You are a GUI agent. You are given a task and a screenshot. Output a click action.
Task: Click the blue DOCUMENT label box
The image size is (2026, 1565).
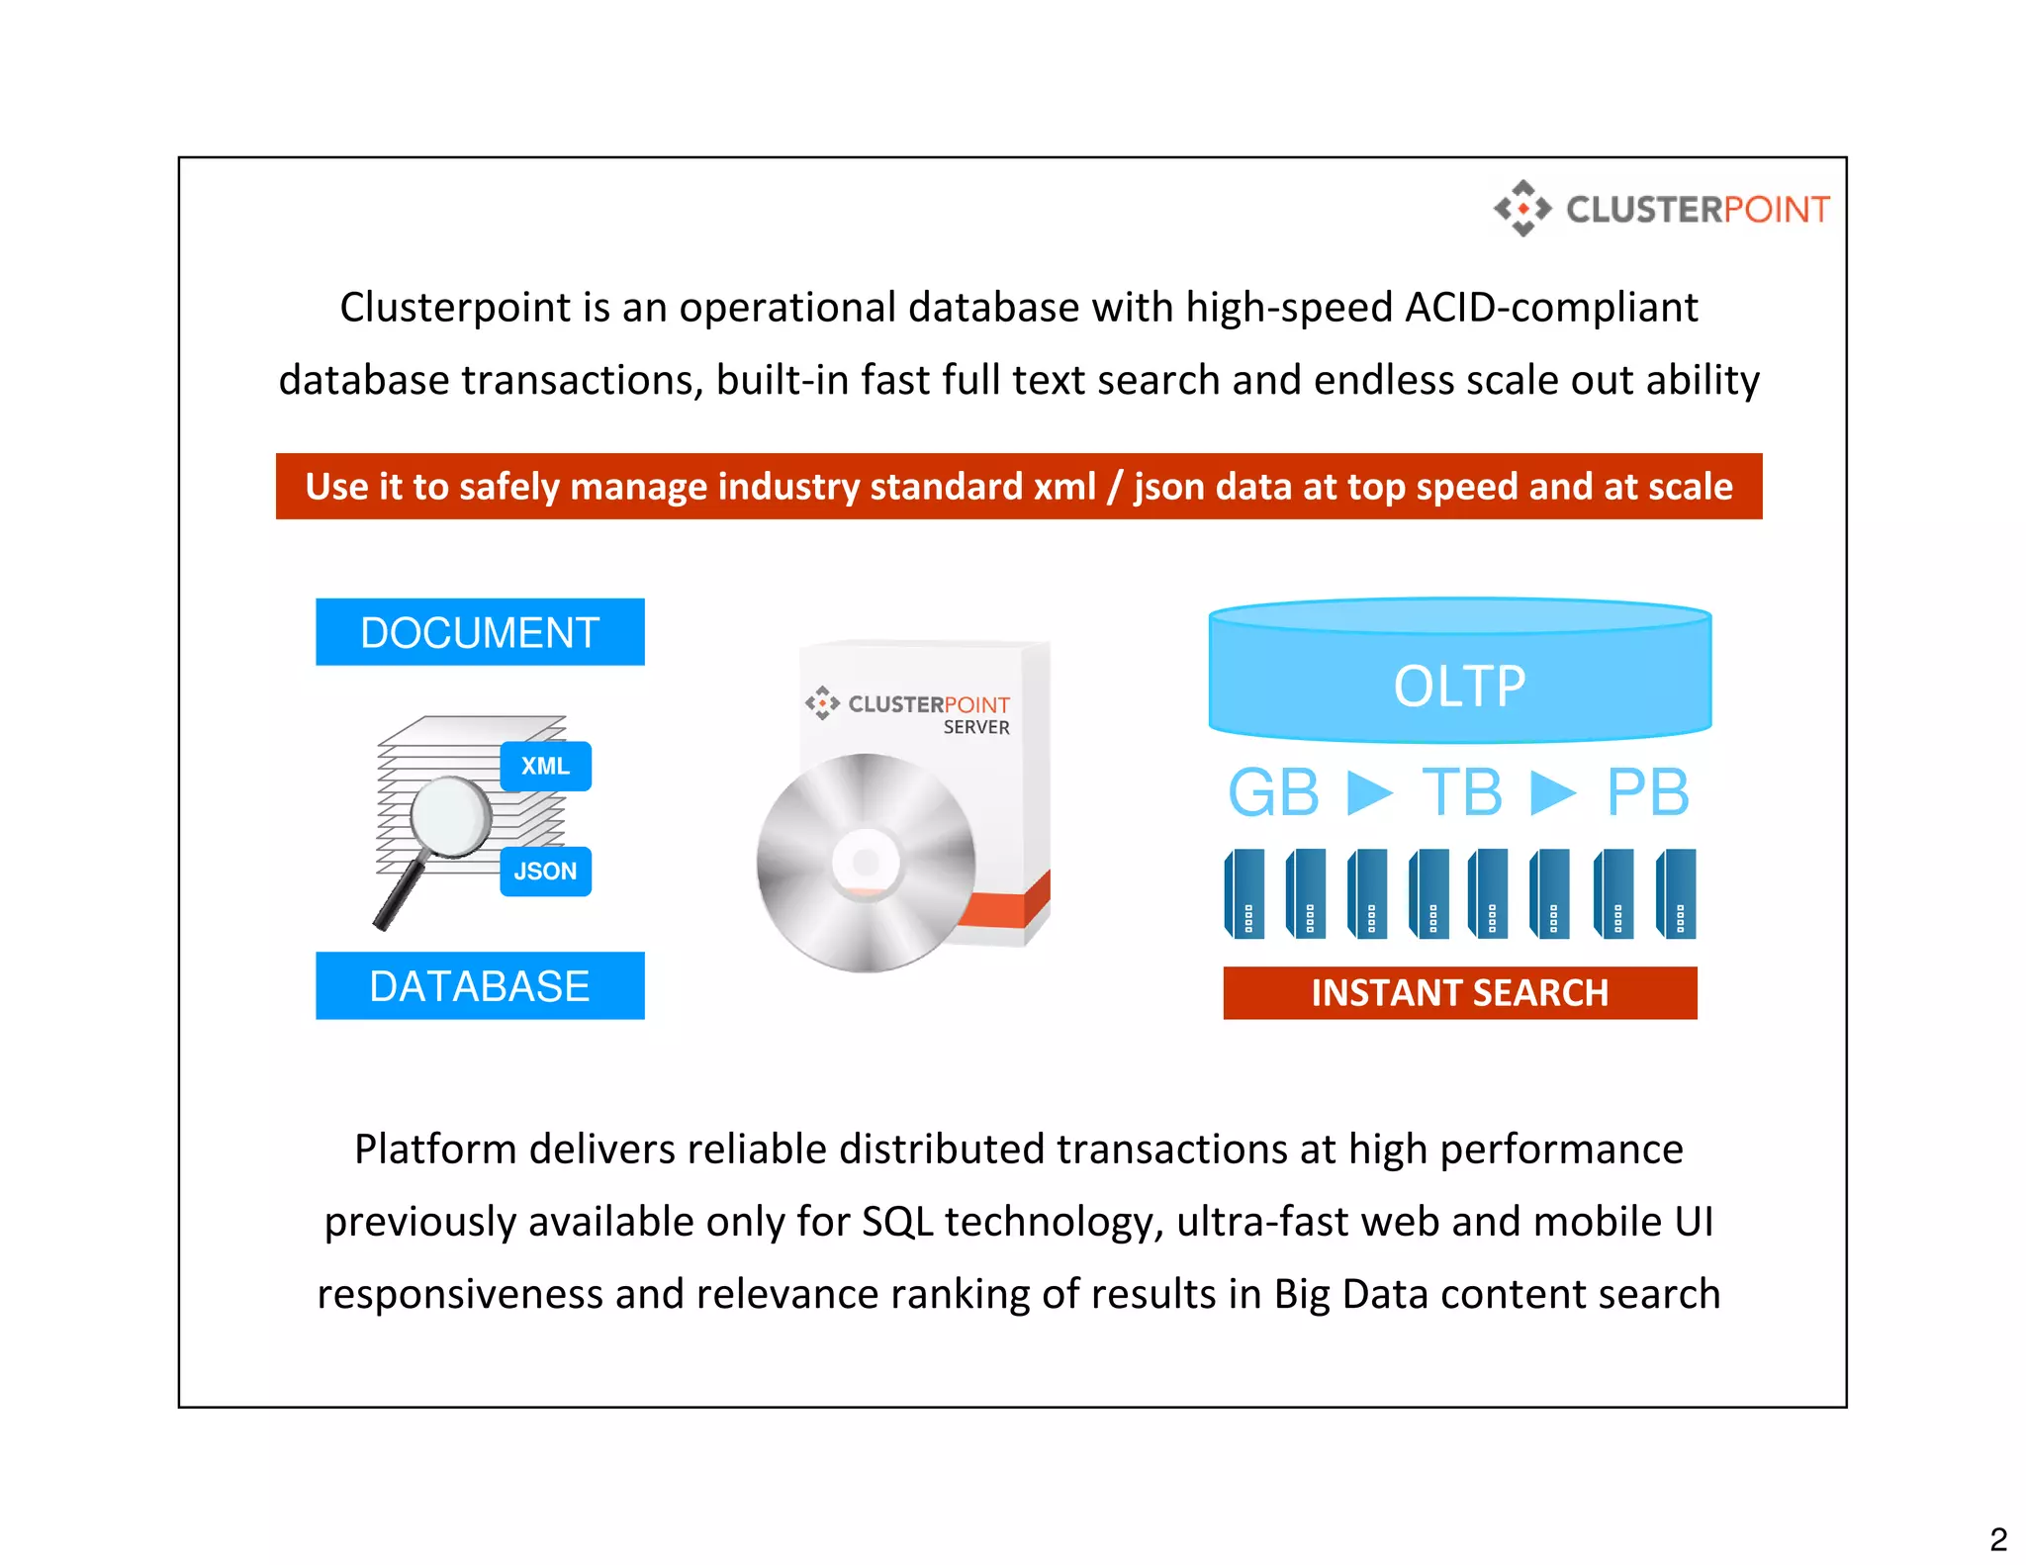[480, 632]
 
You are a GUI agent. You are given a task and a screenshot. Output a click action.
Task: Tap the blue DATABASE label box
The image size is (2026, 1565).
[480, 986]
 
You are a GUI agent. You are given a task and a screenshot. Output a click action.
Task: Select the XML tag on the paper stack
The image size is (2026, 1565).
[545, 767]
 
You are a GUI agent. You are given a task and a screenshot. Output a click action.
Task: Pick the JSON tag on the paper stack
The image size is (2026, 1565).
[545, 872]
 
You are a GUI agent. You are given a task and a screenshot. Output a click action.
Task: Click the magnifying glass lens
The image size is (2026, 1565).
[450, 816]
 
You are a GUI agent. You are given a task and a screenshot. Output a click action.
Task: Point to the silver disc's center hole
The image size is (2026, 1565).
[866, 863]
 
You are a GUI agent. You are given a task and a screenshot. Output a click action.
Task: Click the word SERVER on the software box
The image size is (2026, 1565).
[976, 728]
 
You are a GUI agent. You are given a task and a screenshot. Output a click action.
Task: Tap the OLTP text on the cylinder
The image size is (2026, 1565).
[1459, 687]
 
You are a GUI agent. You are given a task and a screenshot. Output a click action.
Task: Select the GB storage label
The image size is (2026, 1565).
[1273, 792]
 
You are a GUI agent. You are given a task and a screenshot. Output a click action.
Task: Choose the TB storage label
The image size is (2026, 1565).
[1461, 792]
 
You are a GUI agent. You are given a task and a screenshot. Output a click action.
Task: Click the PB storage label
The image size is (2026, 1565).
[1647, 792]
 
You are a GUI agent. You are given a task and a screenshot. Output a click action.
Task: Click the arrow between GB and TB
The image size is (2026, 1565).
[1369, 792]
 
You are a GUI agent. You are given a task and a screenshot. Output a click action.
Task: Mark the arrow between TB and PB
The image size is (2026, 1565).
[1553, 792]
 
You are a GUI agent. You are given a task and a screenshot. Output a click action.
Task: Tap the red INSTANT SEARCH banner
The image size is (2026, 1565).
[1459, 993]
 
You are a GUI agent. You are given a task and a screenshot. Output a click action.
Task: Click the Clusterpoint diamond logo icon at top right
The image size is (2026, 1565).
[1522, 209]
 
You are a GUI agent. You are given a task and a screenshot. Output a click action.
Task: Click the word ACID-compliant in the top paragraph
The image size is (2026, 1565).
[1551, 308]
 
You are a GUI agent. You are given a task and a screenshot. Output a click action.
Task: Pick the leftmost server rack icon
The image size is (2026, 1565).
[1244, 893]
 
